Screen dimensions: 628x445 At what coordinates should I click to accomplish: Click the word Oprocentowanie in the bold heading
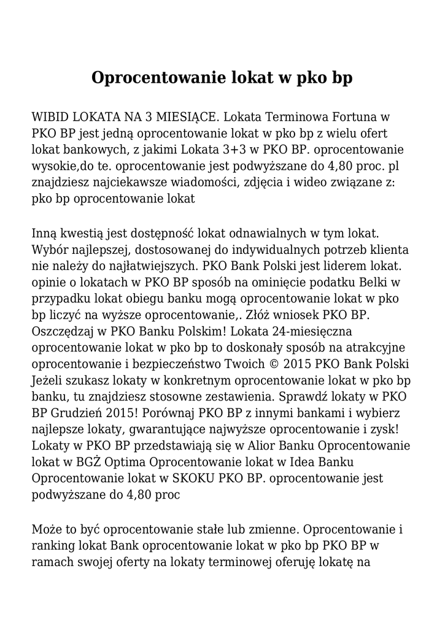click(x=159, y=78)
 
